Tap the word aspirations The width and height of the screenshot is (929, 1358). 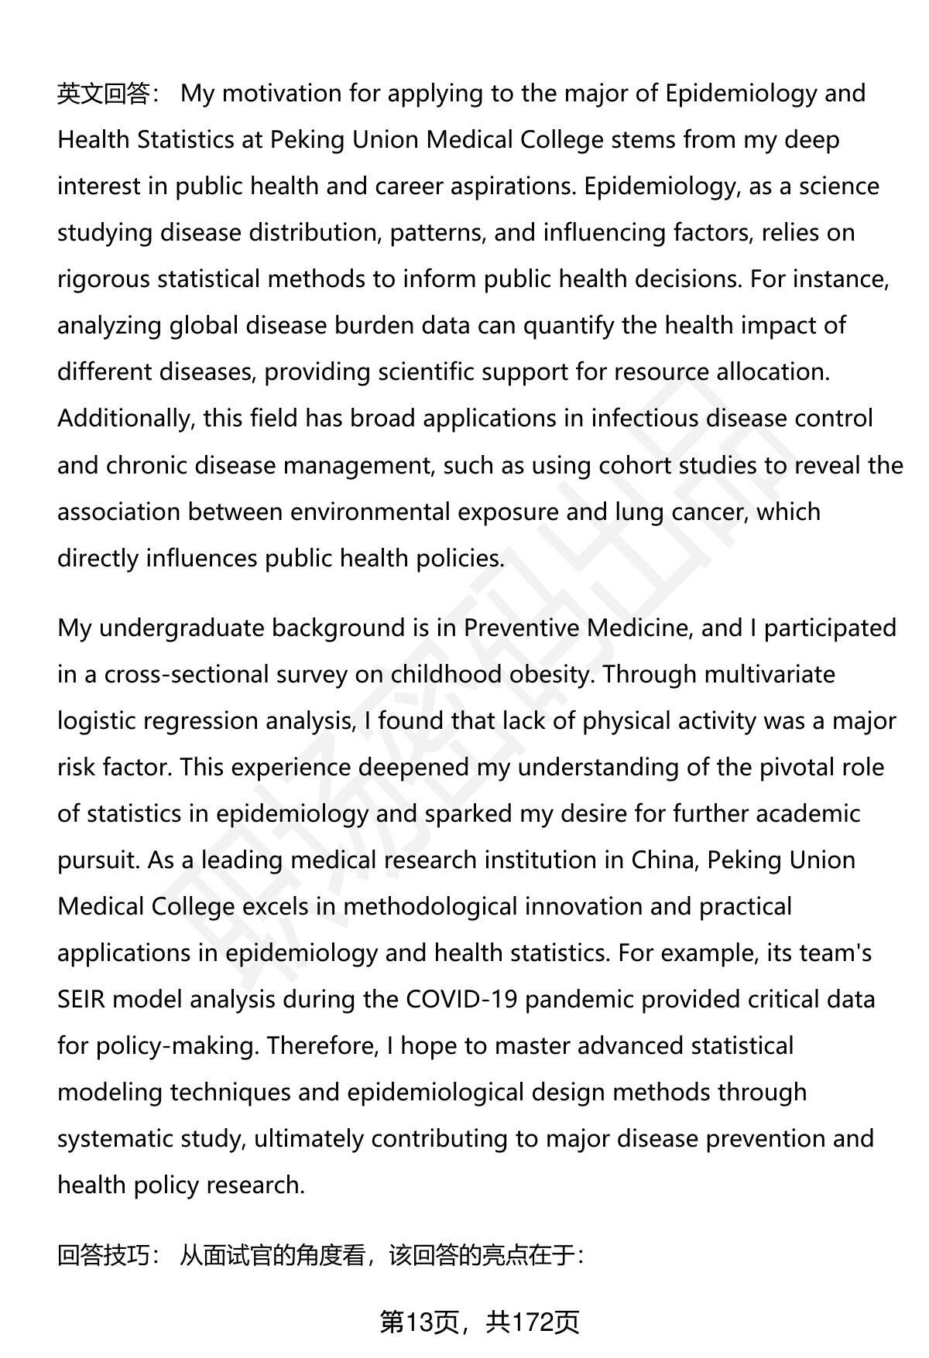(511, 186)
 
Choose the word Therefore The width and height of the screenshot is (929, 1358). (322, 1045)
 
